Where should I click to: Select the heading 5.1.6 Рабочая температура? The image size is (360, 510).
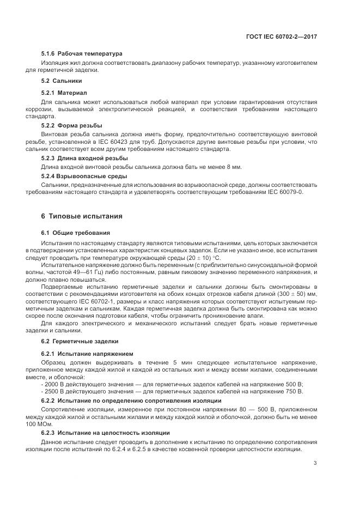click(x=82, y=53)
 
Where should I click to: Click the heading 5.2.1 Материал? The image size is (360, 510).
click(x=64, y=93)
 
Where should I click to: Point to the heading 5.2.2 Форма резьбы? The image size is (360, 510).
click(x=71, y=126)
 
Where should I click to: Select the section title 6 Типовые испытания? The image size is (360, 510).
click(x=82, y=216)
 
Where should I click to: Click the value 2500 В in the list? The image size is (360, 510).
click(x=54, y=391)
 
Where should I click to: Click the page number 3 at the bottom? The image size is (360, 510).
click(x=315, y=464)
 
